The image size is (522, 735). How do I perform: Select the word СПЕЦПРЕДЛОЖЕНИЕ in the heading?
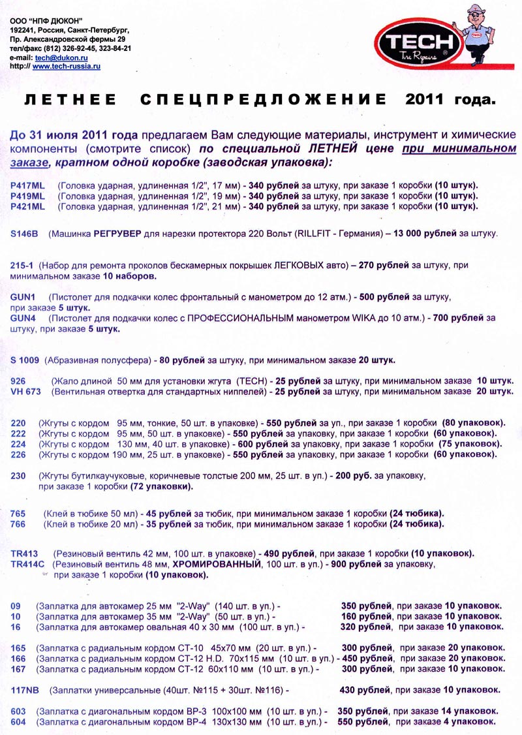point(262,100)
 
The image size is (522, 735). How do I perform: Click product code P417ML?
point(28,185)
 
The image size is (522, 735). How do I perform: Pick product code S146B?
point(25,232)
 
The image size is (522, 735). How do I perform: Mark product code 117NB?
point(26,689)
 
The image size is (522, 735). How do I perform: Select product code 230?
point(18,476)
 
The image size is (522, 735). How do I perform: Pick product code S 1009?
point(25,360)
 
